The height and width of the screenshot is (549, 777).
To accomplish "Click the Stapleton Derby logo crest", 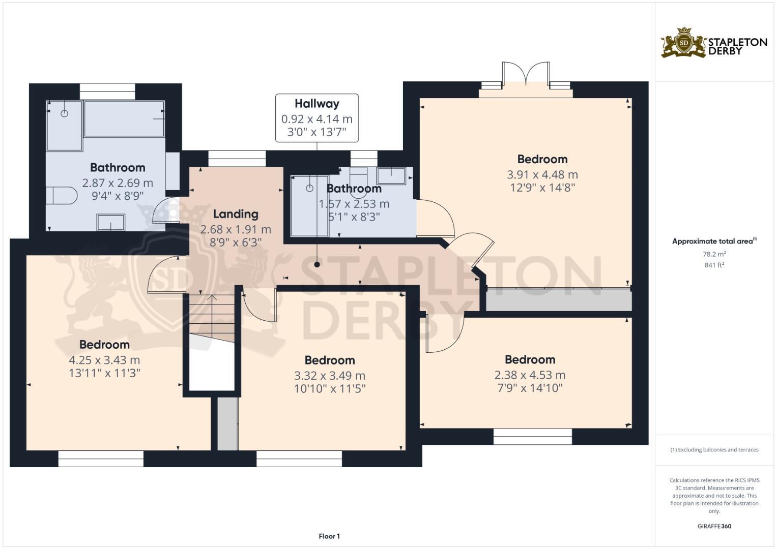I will tap(684, 43).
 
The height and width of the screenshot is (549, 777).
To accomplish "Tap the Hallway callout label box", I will tap(316, 118).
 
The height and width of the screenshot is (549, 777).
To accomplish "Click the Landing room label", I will tap(235, 214).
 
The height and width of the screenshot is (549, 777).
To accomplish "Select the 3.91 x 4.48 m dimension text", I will tap(542, 174).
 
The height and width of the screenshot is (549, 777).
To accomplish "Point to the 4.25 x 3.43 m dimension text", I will tap(104, 360).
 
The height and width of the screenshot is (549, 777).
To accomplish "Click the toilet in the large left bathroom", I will tap(61, 195).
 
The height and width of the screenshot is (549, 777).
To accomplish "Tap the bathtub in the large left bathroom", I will tap(124, 118).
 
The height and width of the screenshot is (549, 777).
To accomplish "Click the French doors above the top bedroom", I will tap(525, 76).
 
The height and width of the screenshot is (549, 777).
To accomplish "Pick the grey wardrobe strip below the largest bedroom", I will tap(558, 300).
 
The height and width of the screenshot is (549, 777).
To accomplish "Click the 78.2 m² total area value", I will tap(714, 254).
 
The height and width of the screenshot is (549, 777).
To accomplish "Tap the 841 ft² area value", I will tap(714, 265).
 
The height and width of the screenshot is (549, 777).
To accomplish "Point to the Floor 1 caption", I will tap(329, 536).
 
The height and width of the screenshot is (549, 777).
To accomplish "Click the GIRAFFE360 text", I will tap(714, 526).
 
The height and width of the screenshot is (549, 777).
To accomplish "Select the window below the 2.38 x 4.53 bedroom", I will tap(533, 436).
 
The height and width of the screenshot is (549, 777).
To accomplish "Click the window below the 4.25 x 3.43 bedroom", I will tap(101, 459).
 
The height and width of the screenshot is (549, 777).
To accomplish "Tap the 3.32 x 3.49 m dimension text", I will tap(329, 376).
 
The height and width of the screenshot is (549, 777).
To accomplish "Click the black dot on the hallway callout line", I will tap(317, 264).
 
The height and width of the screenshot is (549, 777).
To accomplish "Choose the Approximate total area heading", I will tap(714, 241).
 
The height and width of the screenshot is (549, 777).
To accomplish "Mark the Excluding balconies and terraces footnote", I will tap(714, 450).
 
